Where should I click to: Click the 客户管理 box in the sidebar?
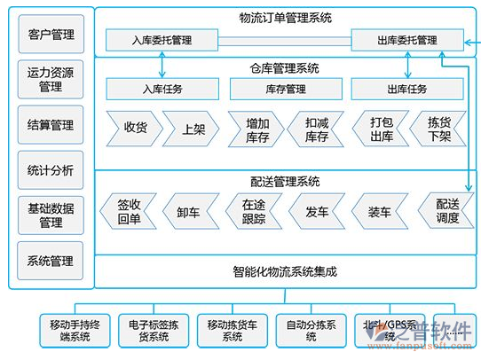51,35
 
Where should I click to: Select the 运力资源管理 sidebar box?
51,81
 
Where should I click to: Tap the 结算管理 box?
51,126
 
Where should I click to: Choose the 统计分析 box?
51,170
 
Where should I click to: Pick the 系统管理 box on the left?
51,262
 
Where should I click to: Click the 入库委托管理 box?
161,40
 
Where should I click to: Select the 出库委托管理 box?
406,40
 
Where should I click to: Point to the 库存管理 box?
283,89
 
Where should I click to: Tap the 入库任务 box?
161,89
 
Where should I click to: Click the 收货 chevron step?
135,128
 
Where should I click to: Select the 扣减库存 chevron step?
317,128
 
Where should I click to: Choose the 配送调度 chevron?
447,212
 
